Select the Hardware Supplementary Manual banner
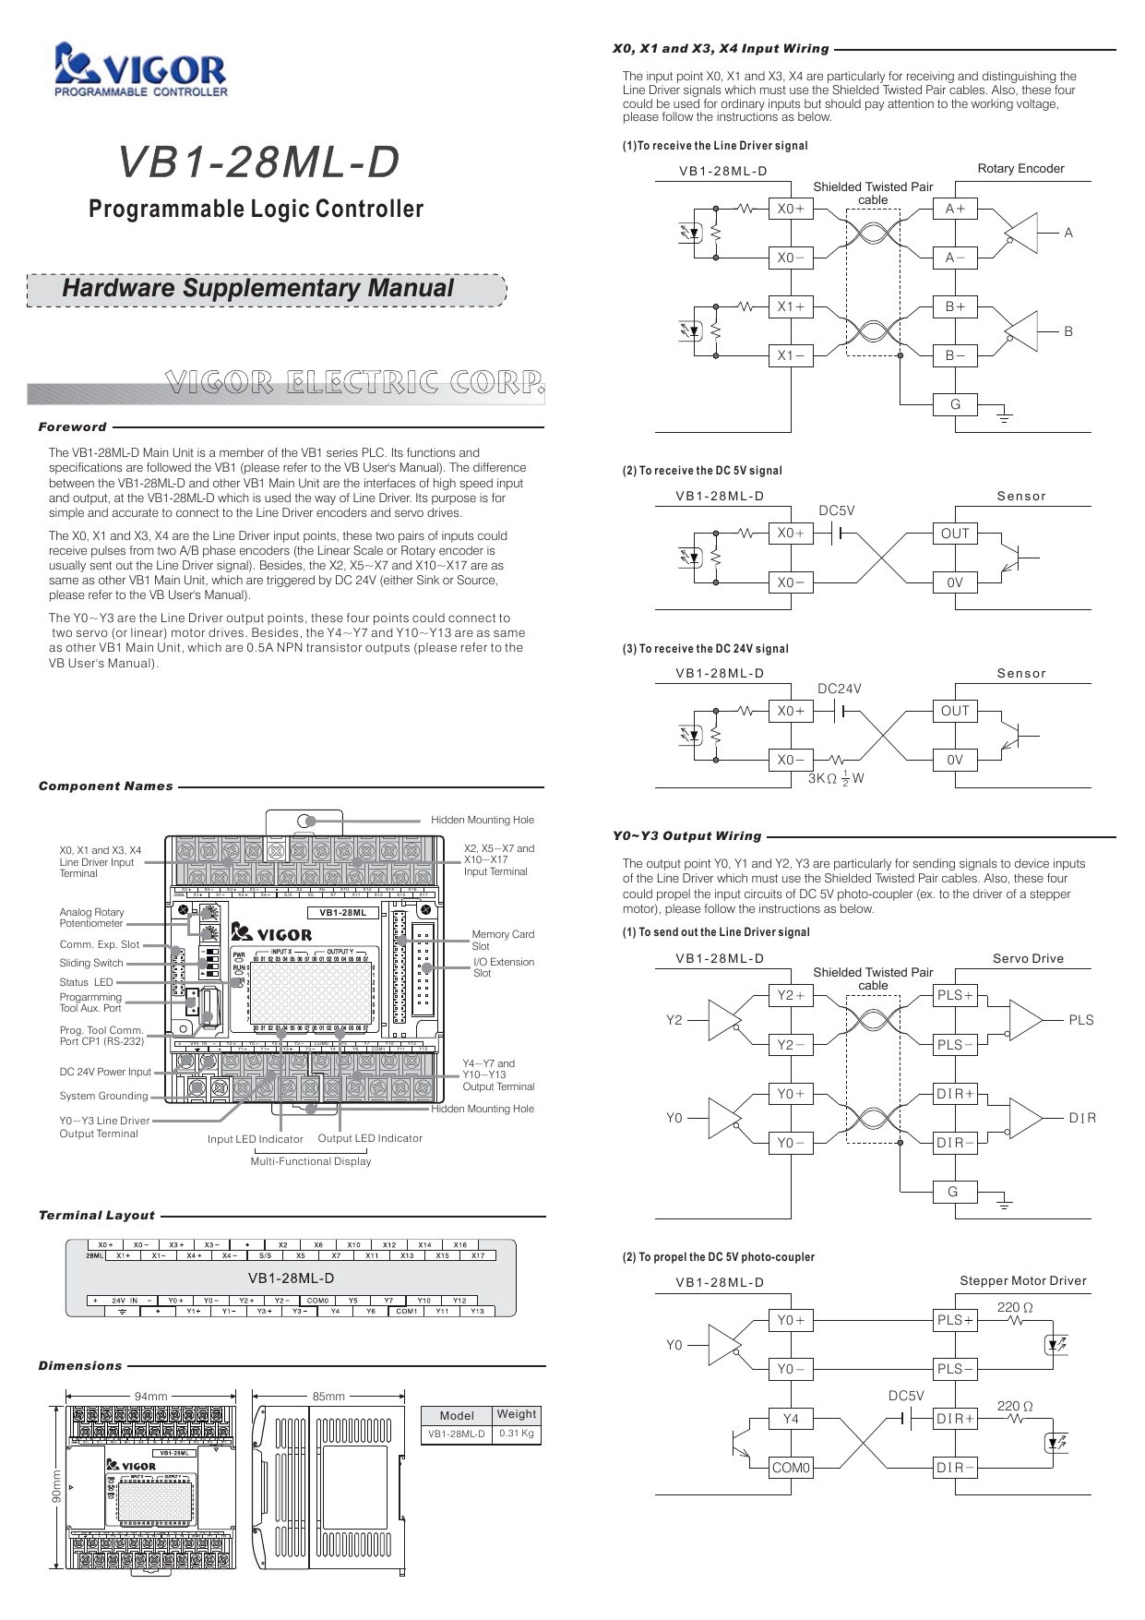(257, 288)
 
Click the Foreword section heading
(73, 426)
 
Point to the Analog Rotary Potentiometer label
(91, 918)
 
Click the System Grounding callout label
(103, 1096)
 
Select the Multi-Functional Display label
(311, 1161)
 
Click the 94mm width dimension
(151, 1396)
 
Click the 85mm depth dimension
(328, 1396)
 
